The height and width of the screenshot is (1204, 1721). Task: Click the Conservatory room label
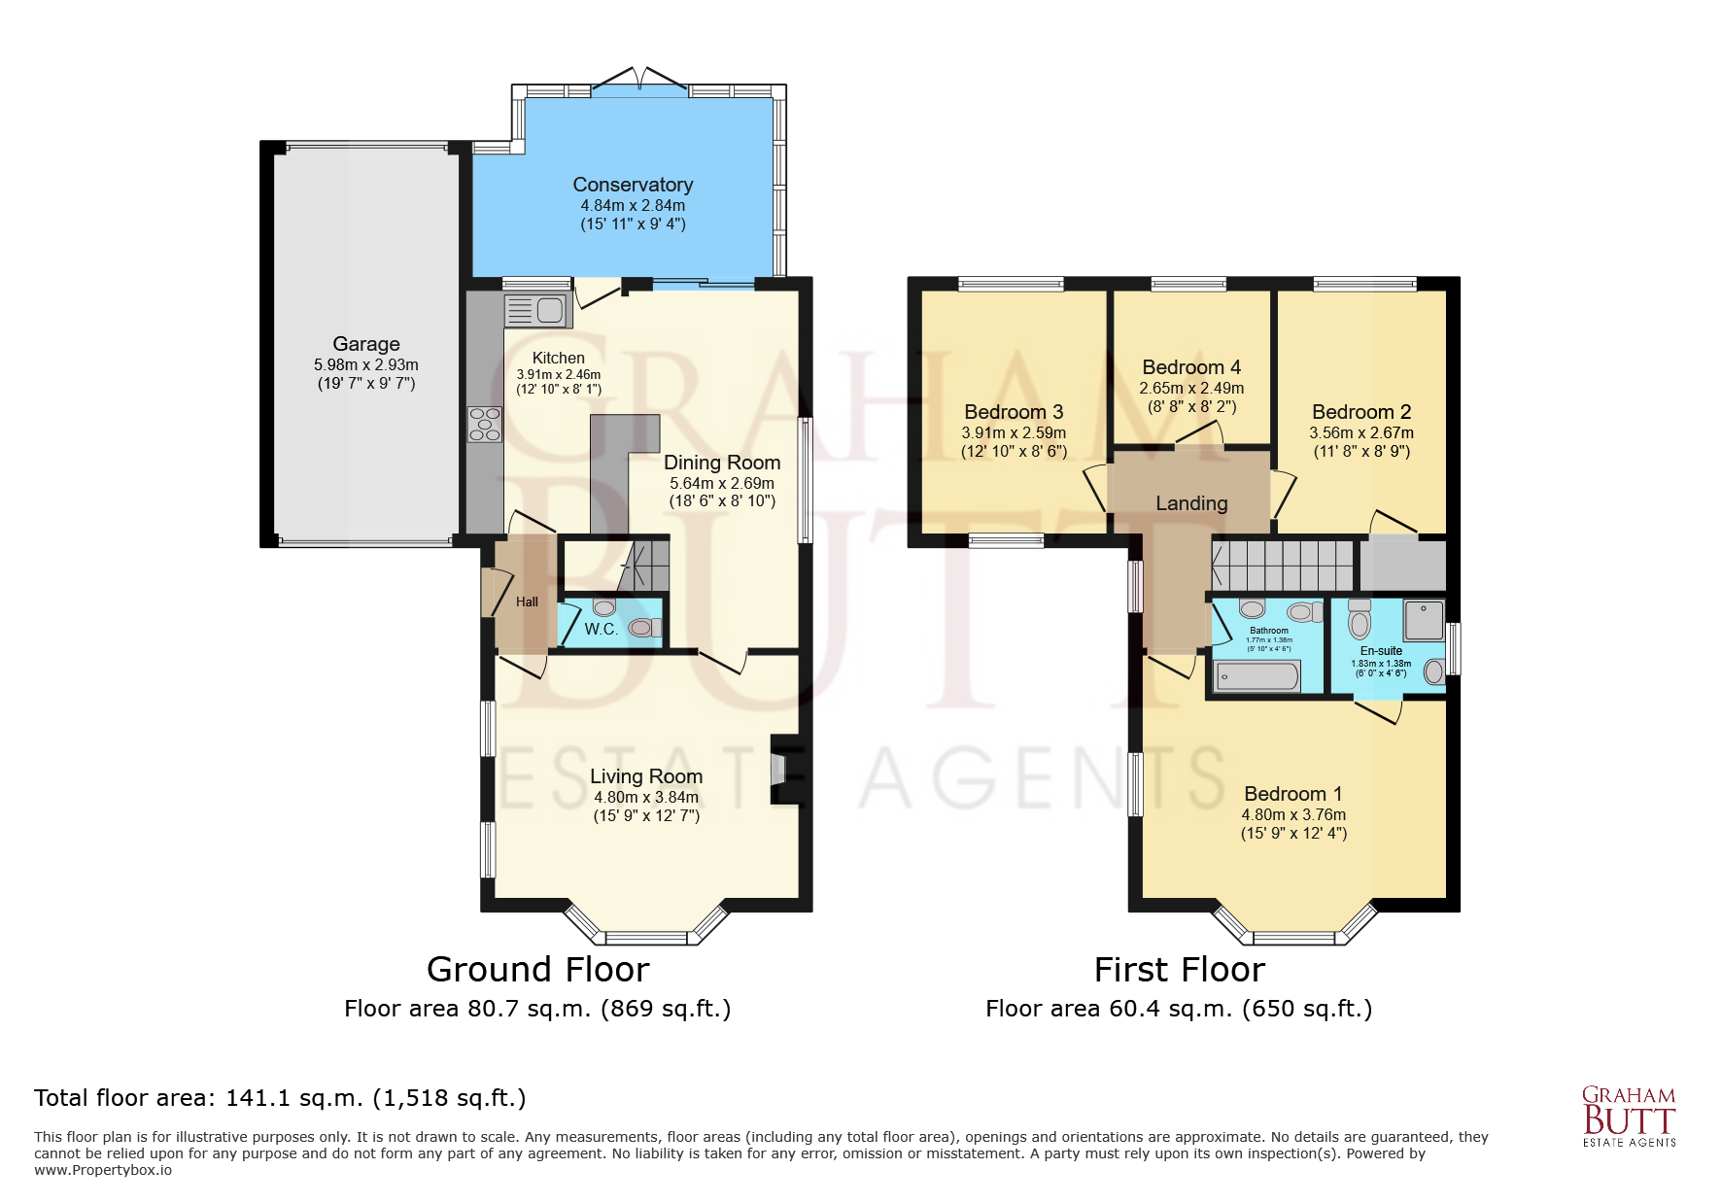point(633,185)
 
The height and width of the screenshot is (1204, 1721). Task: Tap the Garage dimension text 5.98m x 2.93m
point(365,364)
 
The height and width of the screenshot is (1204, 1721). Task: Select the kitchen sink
point(537,311)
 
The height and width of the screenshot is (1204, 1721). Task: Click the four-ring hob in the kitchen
point(485,425)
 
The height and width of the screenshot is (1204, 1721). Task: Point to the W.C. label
point(601,629)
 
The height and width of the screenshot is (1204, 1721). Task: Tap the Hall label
point(527,602)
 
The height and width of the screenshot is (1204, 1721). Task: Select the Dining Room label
point(721,463)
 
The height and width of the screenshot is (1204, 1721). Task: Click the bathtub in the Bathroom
point(1257,676)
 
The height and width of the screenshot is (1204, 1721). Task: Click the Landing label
point(1191,503)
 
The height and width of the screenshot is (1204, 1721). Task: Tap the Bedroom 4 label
point(1191,367)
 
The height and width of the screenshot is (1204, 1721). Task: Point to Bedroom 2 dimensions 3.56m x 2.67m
point(1361,432)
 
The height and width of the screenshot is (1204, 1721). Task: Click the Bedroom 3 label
point(1014,412)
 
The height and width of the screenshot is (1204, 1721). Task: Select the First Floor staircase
point(1283,566)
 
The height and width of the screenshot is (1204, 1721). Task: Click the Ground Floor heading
point(537,969)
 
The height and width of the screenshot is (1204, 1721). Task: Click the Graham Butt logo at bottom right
point(1629,1116)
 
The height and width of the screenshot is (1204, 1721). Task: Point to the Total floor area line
point(280,1098)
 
